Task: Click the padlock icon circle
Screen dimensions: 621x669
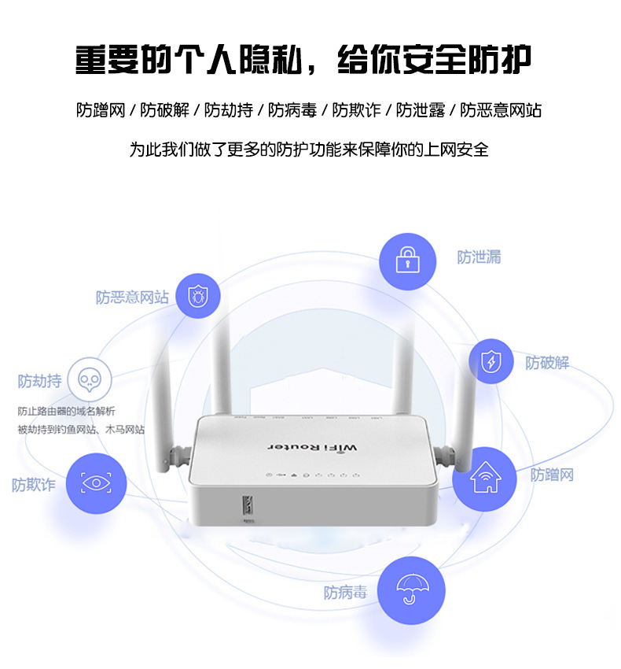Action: point(407,259)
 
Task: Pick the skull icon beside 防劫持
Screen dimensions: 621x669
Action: point(89,381)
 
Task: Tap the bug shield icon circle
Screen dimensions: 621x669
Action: point(196,296)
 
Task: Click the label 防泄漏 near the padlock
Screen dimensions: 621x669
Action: point(479,257)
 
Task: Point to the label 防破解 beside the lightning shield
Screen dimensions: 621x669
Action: point(547,363)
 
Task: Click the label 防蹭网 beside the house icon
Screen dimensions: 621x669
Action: point(552,475)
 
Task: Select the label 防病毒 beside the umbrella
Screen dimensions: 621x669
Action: point(345,593)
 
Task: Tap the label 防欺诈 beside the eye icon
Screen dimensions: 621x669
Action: point(34,485)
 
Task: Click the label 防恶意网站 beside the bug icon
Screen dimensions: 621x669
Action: point(132,298)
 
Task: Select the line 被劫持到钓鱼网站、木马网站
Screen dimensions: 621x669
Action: point(81,430)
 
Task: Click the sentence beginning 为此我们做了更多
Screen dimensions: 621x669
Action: point(309,150)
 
